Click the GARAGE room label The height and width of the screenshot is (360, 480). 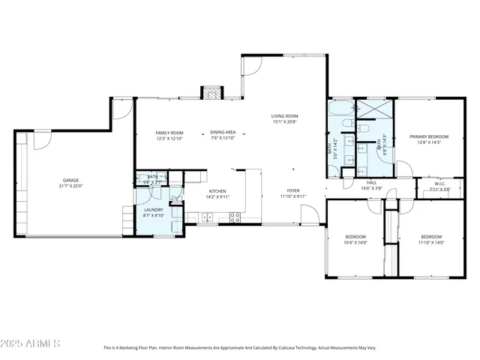point(70,180)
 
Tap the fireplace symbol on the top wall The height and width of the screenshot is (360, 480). point(212,94)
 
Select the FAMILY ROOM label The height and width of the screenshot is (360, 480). point(169,133)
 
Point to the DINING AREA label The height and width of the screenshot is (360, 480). point(223,133)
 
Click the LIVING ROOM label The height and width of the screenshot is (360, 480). point(284,116)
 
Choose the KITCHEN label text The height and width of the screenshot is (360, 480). point(217,191)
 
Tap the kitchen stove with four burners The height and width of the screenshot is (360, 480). point(234,218)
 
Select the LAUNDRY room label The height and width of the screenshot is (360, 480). point(154,210)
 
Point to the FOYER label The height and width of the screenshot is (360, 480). point(293,191)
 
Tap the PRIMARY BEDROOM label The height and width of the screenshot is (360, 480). point(429,136)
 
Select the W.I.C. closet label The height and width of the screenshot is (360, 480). point(440,184)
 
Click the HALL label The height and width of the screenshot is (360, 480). point(371,182)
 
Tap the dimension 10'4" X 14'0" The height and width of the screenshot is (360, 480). point(355,242)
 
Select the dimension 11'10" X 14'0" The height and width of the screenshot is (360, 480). point(431,242)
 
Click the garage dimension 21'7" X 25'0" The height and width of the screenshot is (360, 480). point(70,186)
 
